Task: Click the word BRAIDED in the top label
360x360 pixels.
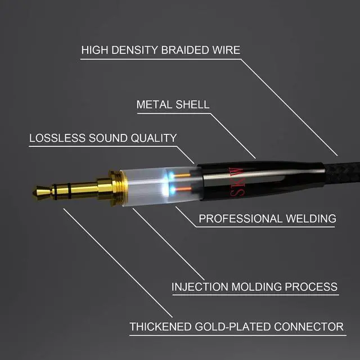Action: point(186,50)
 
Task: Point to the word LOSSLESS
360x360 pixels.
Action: point(57,138)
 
